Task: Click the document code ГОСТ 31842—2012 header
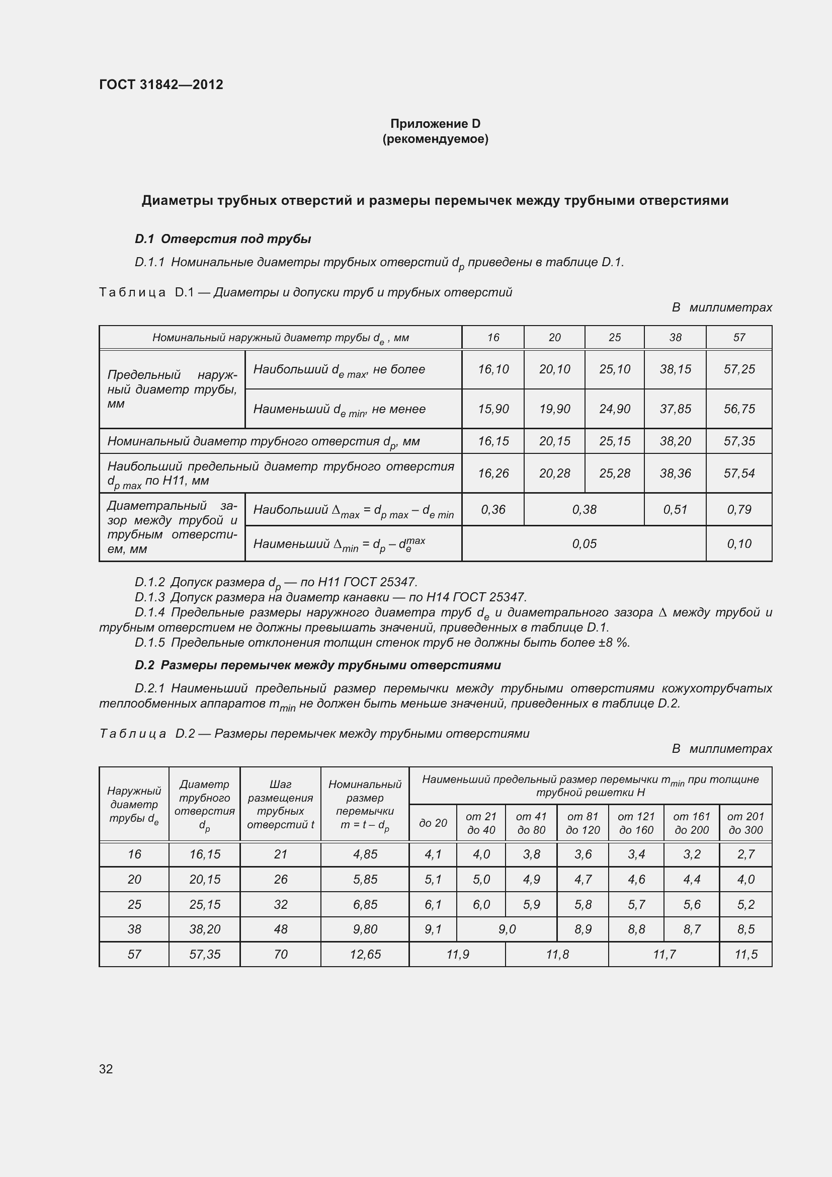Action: tap(161, 85)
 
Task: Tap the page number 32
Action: tap(106, 1069)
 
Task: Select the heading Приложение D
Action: tap(435, 124)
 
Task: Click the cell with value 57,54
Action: tap(739, 473)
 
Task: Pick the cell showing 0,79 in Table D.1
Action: tap(739, 510)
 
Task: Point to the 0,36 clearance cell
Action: tap(493, 510)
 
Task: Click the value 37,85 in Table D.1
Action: tap(675, 409)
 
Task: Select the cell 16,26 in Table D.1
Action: tap(493, 473)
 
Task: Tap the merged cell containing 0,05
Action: tap(584, 543)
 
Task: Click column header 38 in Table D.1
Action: tap(675, 337)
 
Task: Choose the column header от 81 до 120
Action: tap(583, 823)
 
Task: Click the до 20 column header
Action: tap(433, 823)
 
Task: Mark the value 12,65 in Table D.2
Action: tap(365, 954)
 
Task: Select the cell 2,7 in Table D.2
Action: tap(745, 854)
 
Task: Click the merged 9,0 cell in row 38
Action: tap(506, 929)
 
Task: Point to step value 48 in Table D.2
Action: tap(280, 929)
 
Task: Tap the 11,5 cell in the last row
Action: tap(745, 954)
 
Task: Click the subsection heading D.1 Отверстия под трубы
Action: tap(223, 239)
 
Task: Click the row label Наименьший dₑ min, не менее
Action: tap(339, 409)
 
